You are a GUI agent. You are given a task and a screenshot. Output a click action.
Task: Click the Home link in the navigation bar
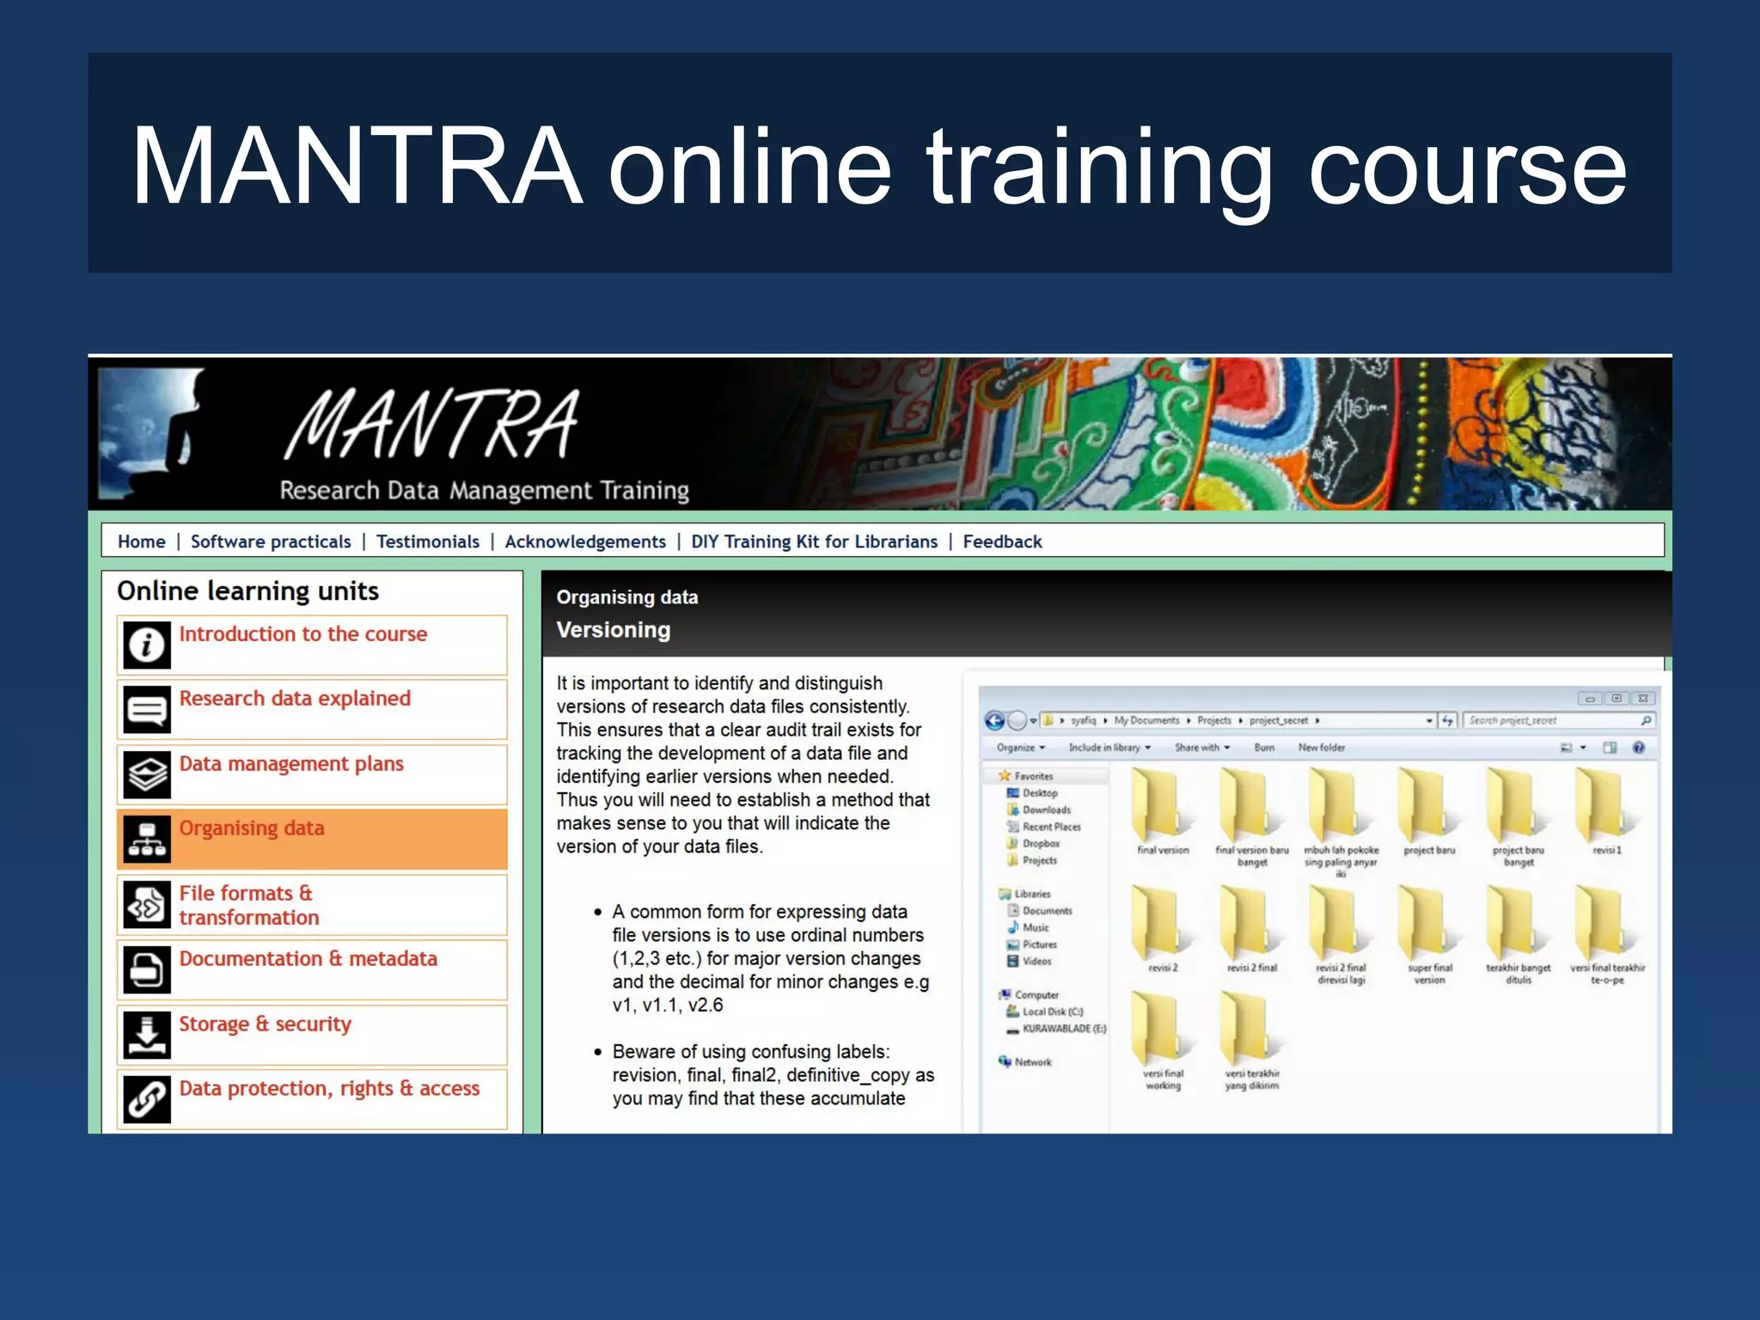click(x=142, y=541)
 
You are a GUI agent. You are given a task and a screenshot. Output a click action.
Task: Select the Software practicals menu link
click(x=271, y=541)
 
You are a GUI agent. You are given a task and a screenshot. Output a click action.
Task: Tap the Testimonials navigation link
click(x=428, y=541)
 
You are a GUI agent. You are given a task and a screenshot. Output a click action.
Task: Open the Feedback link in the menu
click(x=1002, y=541)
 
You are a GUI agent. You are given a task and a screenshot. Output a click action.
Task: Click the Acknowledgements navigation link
click(x=585, y=541)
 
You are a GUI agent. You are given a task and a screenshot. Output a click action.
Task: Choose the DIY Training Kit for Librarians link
click(x=814, y=541)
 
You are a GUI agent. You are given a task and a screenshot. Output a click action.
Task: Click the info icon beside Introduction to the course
click(x=147, y=645)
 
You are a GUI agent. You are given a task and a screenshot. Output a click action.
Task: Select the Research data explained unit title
click(x=295, y=699)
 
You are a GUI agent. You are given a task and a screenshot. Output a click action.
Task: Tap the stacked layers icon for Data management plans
click(x=147, y=774)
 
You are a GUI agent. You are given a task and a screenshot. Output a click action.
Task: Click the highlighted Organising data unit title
click(x=252, y=828)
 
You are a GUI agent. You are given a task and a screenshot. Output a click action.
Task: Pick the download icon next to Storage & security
click(x=147, y=1034)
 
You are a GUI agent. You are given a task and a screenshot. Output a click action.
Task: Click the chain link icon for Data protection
click(x=147, y=1099)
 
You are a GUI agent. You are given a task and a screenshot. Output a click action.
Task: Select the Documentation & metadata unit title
click(x=308, y=959)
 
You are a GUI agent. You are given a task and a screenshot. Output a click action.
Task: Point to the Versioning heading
click(x=613, y=630)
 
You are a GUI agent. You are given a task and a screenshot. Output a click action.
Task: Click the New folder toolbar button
click(x=1321, y=748)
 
